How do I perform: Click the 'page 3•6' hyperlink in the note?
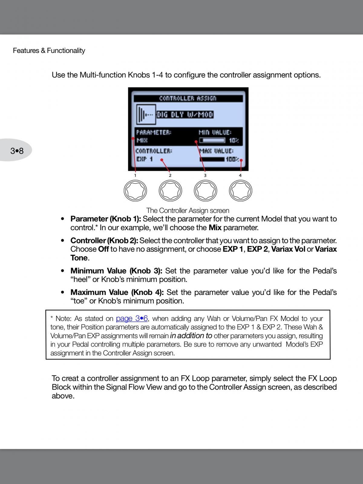(132, 319)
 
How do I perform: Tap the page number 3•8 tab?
(17, 150)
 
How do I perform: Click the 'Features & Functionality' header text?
(49, 51)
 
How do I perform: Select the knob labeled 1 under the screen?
(135, 191)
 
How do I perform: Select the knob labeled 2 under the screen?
(170, 191)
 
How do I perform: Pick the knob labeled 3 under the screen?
(205, 191)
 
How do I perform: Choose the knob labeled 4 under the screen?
(240, 191)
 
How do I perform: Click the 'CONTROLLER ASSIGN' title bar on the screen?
(188, 98)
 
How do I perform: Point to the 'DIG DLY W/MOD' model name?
(185, 115)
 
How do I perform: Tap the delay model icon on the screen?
(146, 114)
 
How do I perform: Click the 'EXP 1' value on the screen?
(145, 159)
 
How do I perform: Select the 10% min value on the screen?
(234, 140)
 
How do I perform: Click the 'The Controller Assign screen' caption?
(188, 211)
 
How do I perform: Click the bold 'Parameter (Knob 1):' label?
(106, 219)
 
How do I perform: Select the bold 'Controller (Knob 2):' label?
(104, 240)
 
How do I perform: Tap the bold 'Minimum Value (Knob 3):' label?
(116, 271)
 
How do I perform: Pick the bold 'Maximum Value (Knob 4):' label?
(117, 292)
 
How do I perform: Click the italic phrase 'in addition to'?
(191, 336)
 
